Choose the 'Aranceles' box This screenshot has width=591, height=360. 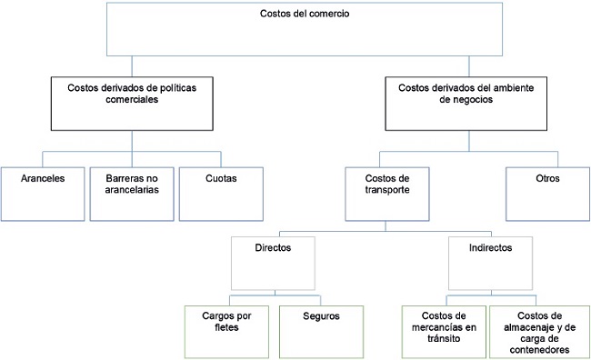(42, 192)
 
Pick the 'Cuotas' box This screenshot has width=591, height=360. (221, 192)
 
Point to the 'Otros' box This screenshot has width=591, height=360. (548, 192)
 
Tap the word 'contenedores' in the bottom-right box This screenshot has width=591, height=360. (540, 350)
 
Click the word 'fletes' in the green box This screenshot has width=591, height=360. (226, 327)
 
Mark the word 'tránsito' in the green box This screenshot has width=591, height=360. (444, 338)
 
